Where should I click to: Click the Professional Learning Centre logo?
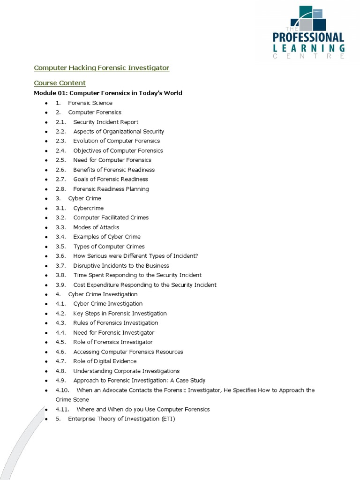[x=309, y=33]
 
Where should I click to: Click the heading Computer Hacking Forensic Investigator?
[x=101, y=68]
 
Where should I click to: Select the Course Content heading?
[x=60, y=83]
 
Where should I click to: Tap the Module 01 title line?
[x=108, y=93]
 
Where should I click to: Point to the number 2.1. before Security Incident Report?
[x=61, y=122]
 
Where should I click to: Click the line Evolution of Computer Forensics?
[x=116, y=141]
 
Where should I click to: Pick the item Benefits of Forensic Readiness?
[x=114, y=170]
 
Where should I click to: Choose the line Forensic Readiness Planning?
[x=111, y=189]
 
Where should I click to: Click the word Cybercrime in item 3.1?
[x=89, y=208]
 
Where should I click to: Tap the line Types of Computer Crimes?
[x=109, y=247]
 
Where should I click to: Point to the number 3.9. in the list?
[x=61, y=285]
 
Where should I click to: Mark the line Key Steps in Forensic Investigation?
[x=120, y=314]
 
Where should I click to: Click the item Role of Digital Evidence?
[x=105, y=361]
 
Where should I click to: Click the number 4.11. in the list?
[x=62, y=409]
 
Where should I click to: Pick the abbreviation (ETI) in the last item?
[x=167, y=419]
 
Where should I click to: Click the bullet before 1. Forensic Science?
[x=46, y=103]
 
